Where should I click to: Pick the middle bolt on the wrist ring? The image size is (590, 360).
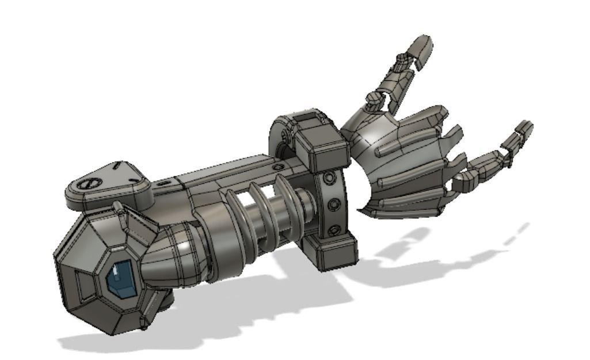(x=332, y=205)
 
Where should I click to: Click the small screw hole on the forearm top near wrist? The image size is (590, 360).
(x=279, y=166)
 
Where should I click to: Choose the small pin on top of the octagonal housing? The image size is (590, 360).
(x=120, y=208)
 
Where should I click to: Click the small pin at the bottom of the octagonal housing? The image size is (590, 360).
(x=165, y=300)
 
